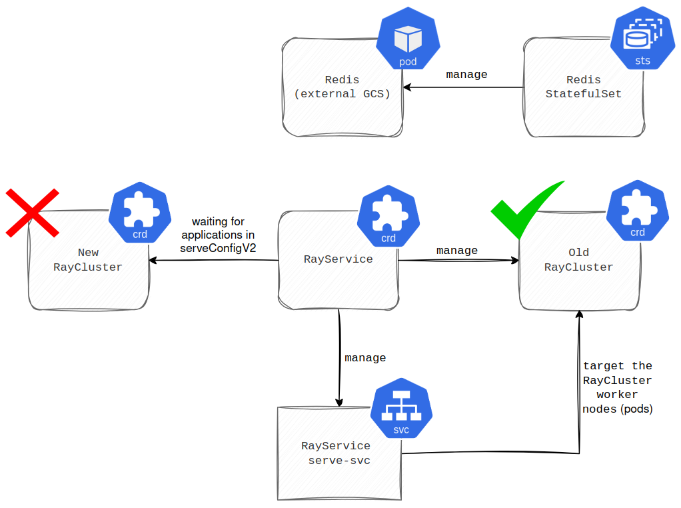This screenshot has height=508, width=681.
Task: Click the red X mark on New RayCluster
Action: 32,213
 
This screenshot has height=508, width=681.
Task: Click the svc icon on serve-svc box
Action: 401,411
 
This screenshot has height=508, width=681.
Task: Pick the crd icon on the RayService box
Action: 388,217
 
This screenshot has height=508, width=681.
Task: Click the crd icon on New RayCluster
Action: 140,213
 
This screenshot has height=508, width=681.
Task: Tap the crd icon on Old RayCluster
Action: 637,211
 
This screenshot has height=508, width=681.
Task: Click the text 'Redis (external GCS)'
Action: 342,87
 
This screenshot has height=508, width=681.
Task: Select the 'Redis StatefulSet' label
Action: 583,87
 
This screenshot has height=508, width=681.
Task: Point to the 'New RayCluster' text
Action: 88,260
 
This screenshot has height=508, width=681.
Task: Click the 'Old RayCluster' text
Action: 578,260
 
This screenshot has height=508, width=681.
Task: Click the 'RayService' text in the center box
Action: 338,259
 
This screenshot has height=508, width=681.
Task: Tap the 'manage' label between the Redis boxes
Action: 466,75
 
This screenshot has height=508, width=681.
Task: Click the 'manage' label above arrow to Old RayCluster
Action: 456,251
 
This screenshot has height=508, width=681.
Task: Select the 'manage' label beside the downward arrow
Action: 365,358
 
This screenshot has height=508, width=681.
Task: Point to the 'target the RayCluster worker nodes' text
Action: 617,387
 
